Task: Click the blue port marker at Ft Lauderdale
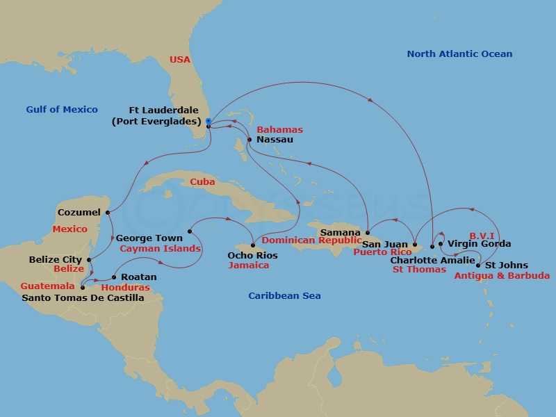(x=208, y=121)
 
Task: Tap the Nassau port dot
(x=250, y=139)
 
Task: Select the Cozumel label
(x=79, y=212)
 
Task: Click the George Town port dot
(x=190, y=231)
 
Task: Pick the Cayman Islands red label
(x=161, y=248)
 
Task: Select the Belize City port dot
(x=88, y=260)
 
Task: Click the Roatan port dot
(x=114, y=277)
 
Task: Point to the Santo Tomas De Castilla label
(x=83, y=298)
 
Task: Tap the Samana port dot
(x=366, y=233)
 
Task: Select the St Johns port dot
(x=477, y=265)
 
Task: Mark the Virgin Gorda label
(x=479, y=244)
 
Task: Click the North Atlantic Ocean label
(x=459, y=54)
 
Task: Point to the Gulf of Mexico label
(x=62, y=109)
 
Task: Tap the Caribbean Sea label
(x=284, y=296)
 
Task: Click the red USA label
(x=180, y=60)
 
